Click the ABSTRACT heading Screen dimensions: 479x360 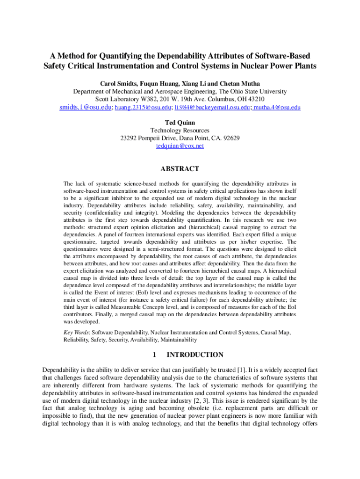tap(180, 169)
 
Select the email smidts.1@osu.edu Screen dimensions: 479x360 tap(85, 107)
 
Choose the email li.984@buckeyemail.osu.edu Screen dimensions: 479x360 tap(210, 107)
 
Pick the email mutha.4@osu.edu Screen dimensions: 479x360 tap(276, 107)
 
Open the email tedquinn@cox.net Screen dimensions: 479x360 tap(180, 146)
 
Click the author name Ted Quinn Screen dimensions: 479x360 tap(180, 123)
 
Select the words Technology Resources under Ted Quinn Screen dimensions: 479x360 tap(180, 131)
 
